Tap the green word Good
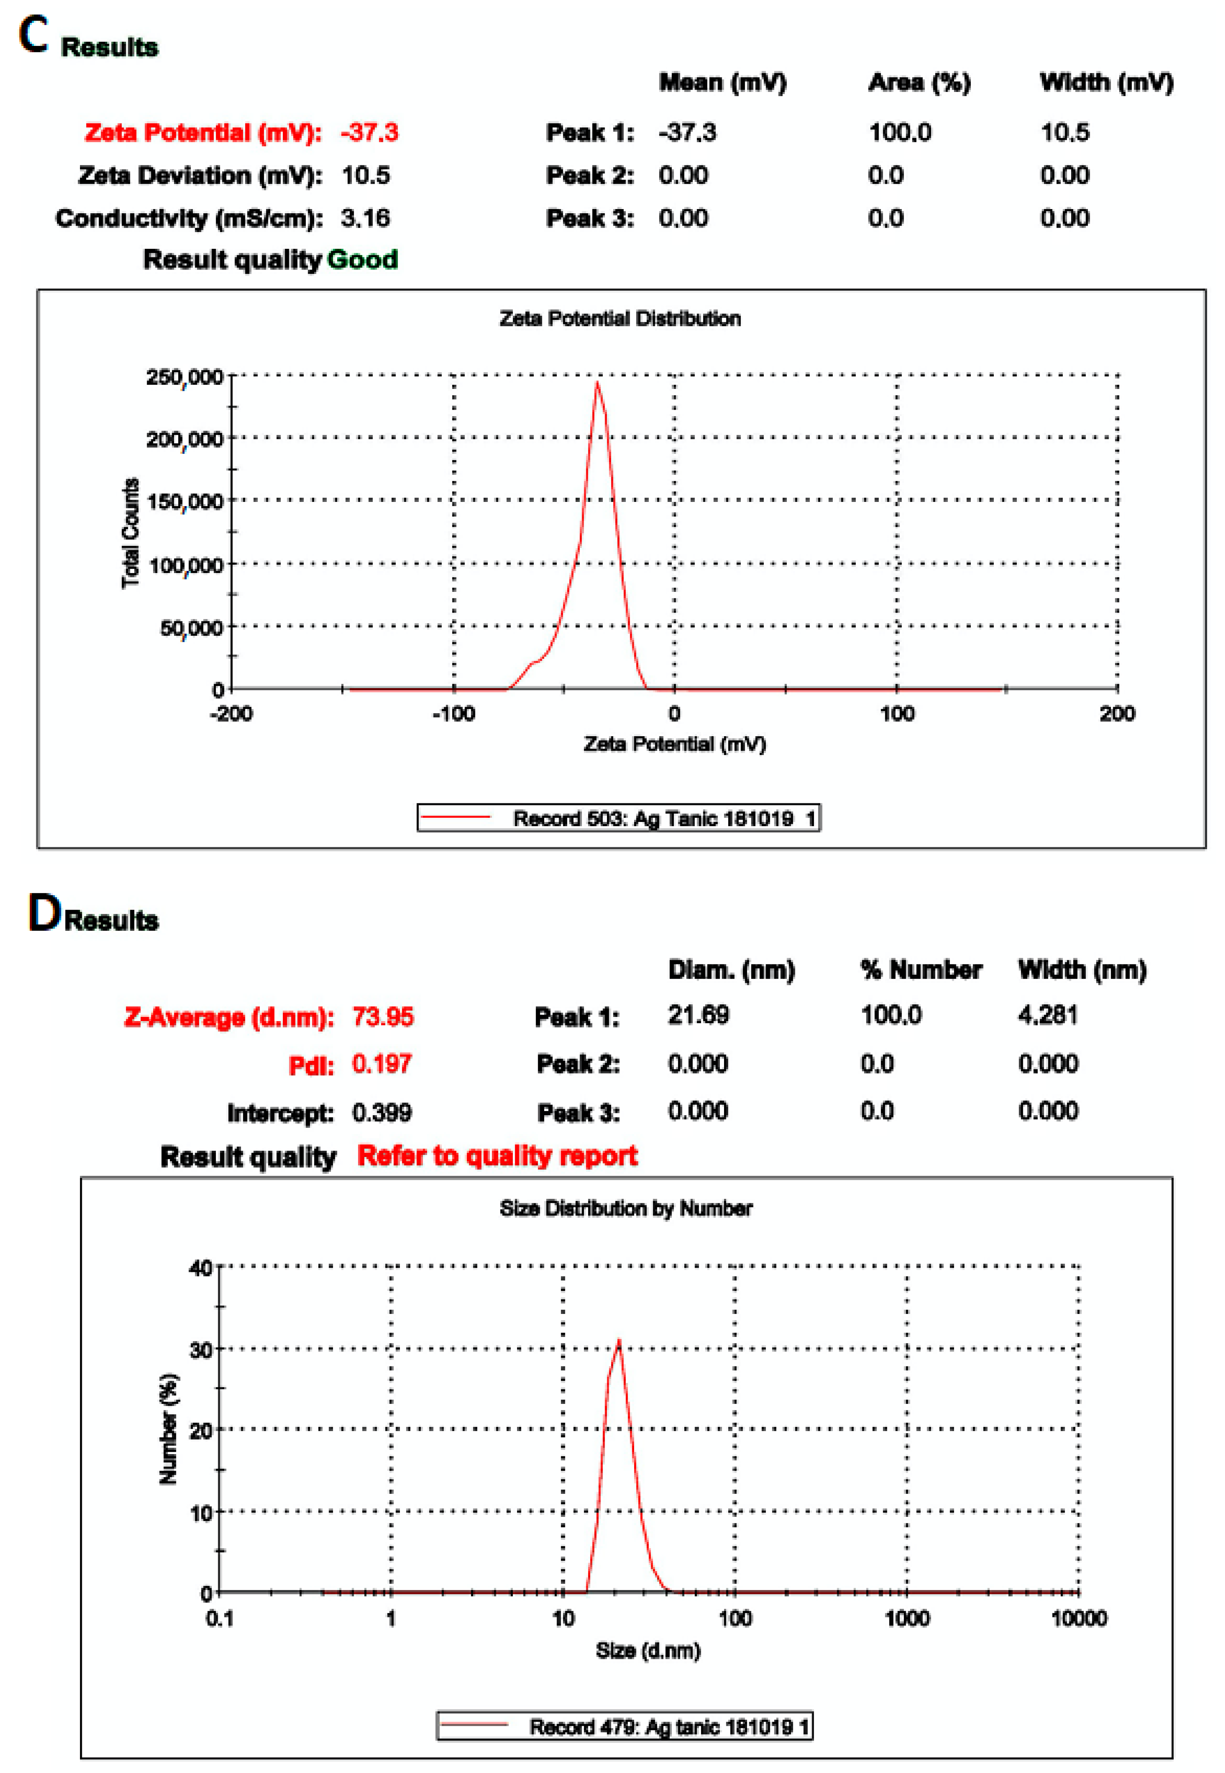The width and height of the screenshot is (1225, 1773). (362, 260)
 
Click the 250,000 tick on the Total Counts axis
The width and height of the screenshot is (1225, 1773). (184, 377)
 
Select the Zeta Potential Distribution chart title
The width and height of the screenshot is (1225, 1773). (620, 319)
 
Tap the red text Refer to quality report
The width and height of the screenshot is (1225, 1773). (498, 1155)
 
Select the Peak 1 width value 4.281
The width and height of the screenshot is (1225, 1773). (1048, 1015)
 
